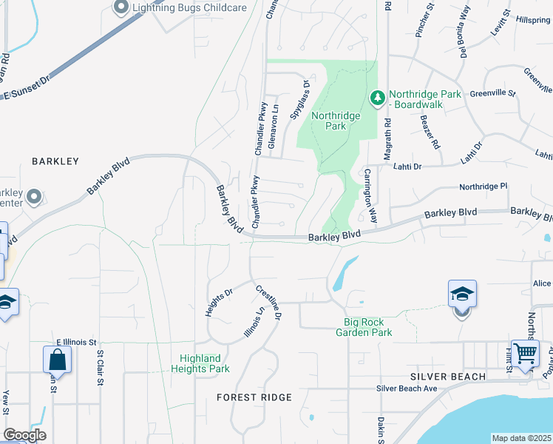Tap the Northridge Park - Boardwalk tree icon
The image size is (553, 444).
click(x=378, y=98)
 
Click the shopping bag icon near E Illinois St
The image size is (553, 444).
click(x=57, y=360)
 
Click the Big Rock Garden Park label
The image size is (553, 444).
click(x=368, y=327)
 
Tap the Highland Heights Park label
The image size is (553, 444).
click(x=200, y=363)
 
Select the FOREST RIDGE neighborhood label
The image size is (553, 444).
click(x=254, y=397)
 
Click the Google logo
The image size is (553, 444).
click(x=24, y=435)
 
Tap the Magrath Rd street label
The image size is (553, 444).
click(x=387, y=141)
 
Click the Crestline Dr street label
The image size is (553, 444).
click(x=269, y=303)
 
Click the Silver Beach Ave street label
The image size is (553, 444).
click(x=407, y=388)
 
